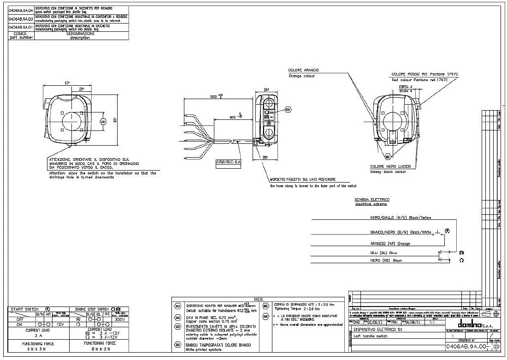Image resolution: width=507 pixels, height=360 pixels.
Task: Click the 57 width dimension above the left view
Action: coord(67,83)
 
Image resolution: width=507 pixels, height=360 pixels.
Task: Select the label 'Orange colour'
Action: coord(301,76)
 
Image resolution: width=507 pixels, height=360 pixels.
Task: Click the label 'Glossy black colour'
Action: coord(388,171)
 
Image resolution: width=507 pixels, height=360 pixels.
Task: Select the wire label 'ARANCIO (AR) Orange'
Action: coord(383,243)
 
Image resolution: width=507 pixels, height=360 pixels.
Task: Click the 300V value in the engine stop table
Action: coord(119,319)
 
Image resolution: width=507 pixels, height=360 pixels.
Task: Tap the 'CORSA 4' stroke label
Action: coord(405,86)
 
